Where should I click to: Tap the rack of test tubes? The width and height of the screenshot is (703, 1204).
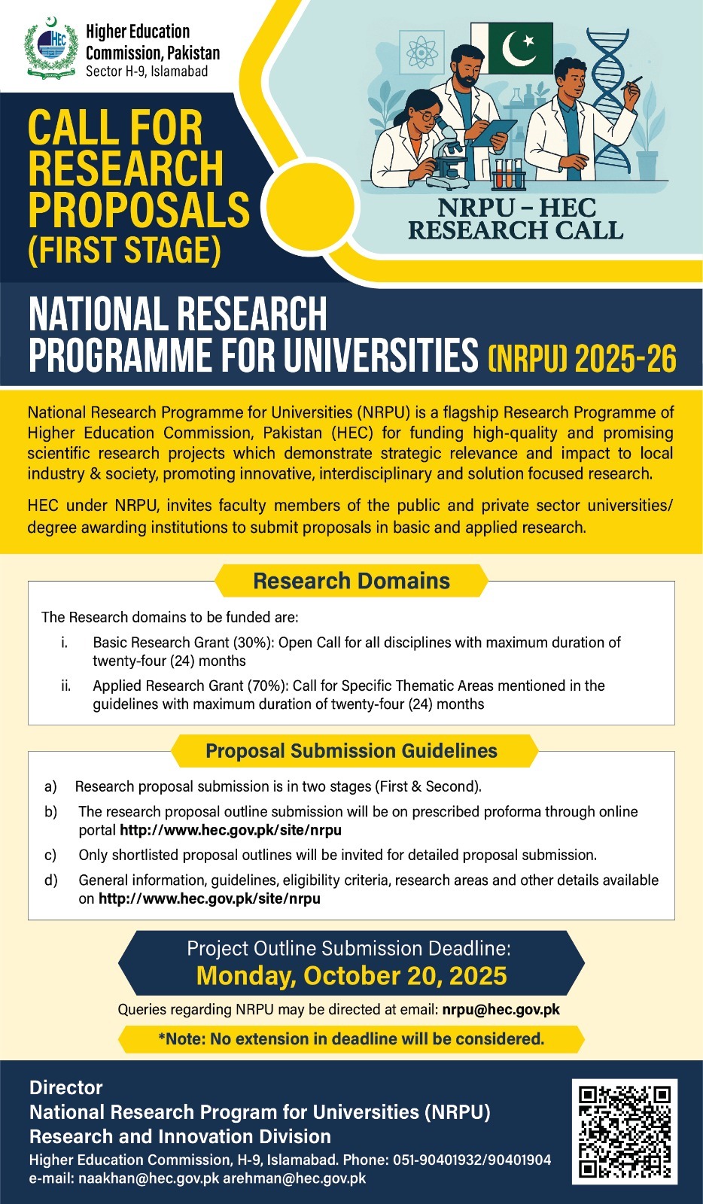509,175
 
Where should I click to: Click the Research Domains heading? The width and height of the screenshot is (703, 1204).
351,581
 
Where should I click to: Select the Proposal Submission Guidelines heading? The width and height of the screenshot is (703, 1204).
351,751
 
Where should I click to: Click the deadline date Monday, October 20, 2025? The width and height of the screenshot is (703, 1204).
351,976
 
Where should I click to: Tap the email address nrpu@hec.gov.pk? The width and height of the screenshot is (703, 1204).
501,1009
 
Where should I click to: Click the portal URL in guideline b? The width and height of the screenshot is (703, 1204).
230,830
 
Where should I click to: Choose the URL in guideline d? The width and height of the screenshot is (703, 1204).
209,898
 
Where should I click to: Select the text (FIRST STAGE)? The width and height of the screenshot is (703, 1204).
125,251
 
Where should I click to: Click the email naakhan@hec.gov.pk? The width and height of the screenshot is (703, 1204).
148,1178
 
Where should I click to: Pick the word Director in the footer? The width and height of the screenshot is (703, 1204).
66,1087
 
